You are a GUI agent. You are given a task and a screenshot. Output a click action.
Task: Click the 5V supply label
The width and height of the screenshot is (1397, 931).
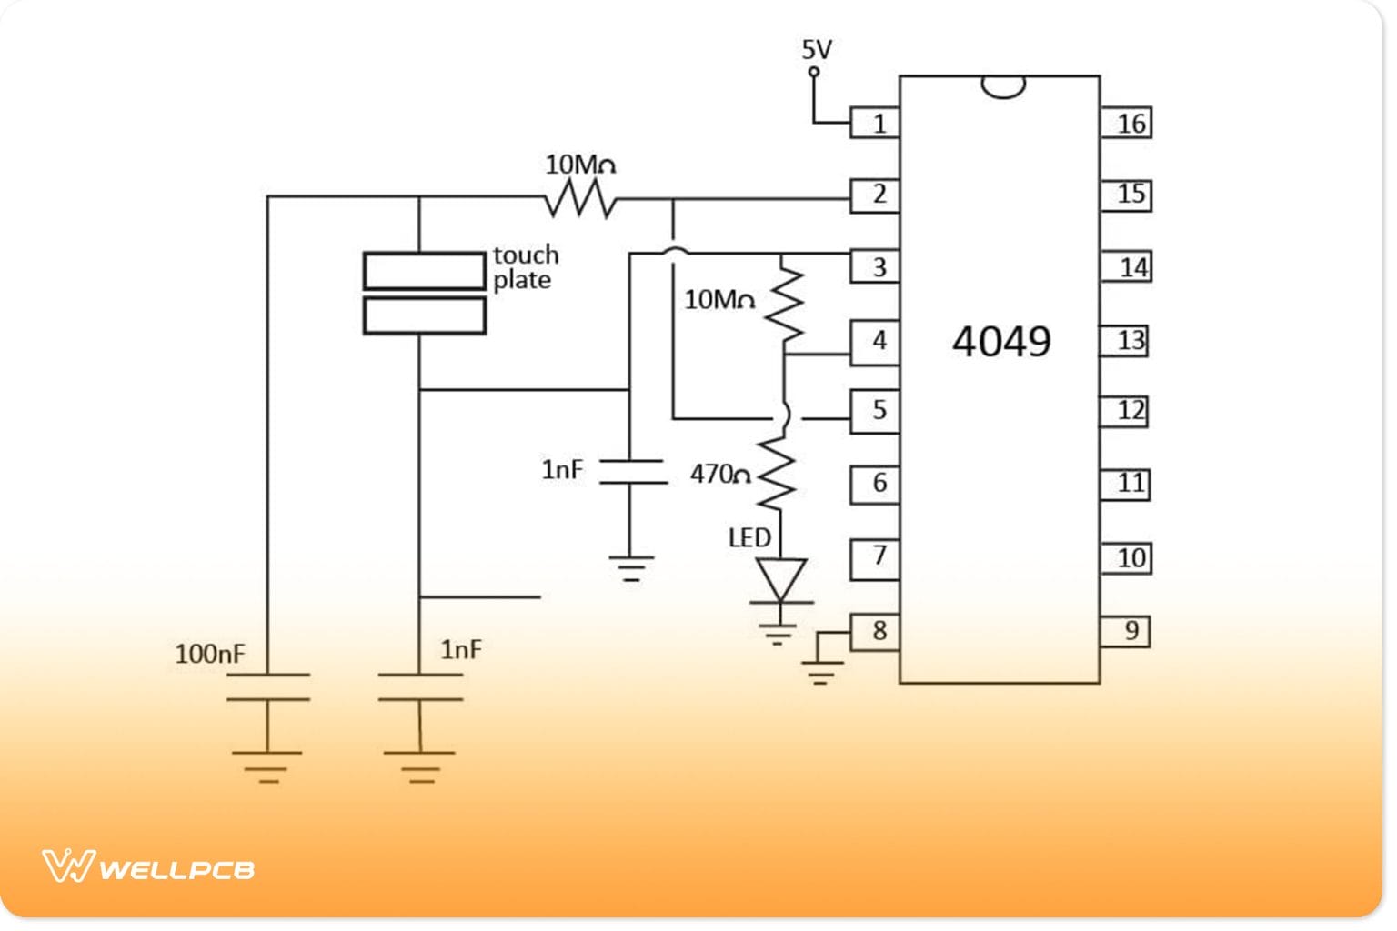(816, 49)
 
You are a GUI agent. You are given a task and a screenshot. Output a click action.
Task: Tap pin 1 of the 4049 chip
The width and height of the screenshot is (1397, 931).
(875, 123)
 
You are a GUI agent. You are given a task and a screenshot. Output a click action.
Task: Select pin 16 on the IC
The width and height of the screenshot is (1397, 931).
(1127, 123)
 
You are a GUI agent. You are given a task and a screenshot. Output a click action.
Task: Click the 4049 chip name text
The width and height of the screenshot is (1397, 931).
(1000, 342)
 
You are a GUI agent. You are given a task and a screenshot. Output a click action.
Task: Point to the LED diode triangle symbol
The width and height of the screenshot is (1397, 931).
(780, 579)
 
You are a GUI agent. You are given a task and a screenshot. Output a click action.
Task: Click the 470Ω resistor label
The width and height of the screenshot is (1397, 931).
(719, 474)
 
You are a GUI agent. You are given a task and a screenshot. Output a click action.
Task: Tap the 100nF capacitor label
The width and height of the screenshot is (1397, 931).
(209, 653)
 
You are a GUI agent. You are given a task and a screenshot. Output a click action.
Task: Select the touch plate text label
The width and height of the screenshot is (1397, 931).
(526, 266)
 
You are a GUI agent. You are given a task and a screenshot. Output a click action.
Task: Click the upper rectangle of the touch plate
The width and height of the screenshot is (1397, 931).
(424, 271)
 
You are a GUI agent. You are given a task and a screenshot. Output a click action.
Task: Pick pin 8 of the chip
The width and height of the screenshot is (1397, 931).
(875, 631)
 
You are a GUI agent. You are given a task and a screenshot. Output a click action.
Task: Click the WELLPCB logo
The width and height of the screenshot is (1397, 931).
(148, 866)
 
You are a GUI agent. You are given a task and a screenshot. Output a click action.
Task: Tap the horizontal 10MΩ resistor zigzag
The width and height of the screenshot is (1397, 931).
(580, 198)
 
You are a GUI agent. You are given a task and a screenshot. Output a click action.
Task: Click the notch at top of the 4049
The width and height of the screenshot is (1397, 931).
(1003, 86)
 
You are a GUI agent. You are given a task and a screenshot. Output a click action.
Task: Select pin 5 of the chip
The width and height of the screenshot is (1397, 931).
(875, 410)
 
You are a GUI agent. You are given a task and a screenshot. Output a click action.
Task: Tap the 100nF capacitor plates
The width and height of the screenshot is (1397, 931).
(268, 687)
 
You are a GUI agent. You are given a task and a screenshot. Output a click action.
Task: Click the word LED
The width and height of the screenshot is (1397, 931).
(749, 537)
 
